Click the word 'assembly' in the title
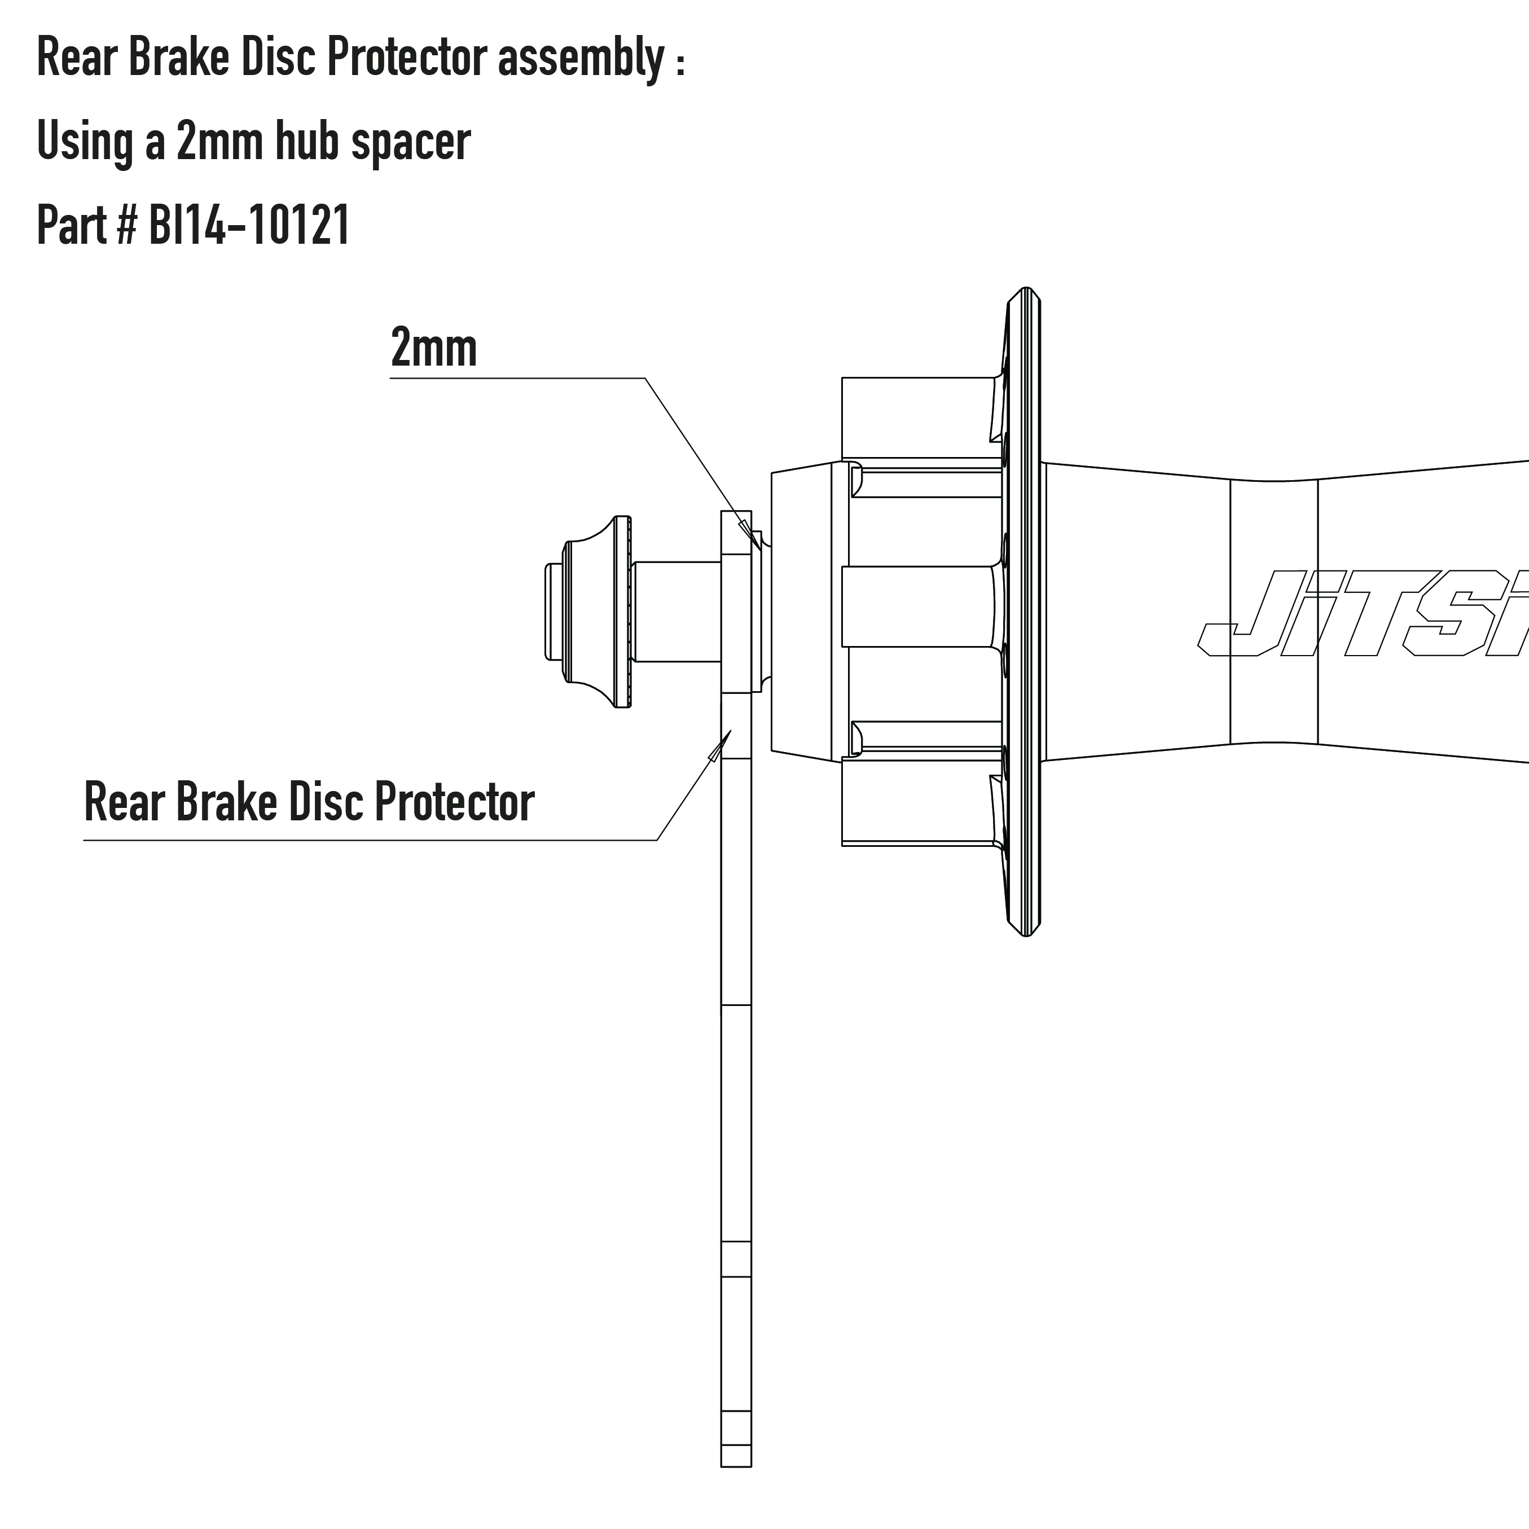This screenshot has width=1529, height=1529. (581, 59)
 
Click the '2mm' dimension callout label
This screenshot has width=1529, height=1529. (434, 348)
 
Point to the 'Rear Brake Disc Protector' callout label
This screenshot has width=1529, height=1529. (309, 802)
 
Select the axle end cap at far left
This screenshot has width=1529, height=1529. (589, 611)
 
